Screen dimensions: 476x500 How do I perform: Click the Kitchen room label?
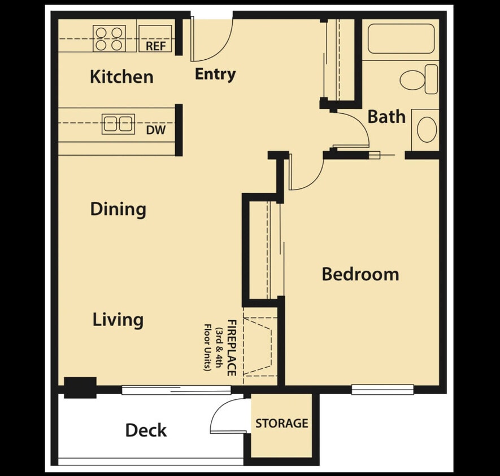[121, 77]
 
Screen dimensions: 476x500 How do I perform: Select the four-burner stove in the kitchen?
[109, 38]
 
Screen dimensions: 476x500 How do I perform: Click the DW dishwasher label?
[156, 130]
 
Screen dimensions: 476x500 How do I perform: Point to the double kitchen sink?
[118, 124]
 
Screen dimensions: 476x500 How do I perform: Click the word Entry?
[215, 74]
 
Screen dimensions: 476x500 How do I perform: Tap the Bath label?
[386, 117]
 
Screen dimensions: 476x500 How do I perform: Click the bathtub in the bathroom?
[401, 38]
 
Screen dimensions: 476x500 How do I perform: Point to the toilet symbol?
[419, 79]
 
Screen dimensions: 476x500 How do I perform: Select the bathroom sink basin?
[427, 129]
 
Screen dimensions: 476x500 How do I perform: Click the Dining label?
[118, 209]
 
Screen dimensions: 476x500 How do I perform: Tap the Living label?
[118, 320]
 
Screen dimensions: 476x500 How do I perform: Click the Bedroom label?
[360, 275]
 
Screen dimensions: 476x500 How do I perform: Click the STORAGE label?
[281, 423]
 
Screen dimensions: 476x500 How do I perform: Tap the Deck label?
[146, 430]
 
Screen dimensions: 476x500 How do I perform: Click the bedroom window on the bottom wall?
[382, 389]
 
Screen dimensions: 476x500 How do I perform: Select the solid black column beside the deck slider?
[79, 387]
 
